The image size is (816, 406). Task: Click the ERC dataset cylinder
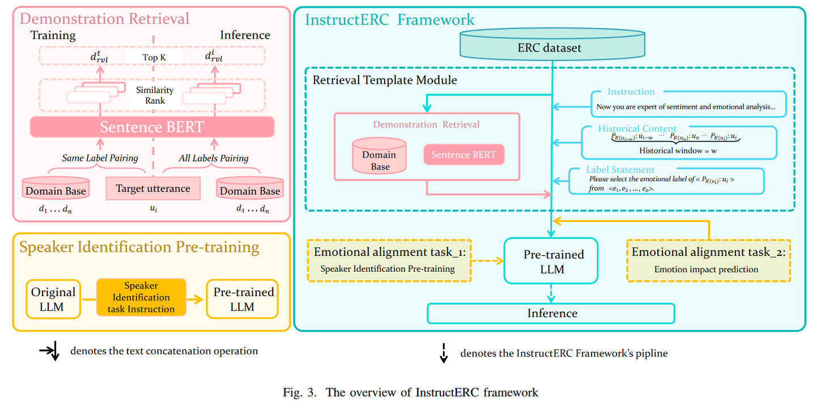550,48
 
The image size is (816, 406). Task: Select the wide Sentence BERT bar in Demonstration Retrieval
152,127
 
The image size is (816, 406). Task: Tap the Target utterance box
153,189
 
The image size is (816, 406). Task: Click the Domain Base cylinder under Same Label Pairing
56,189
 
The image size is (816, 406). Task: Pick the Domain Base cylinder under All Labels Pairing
250,189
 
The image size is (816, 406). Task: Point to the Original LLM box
53,299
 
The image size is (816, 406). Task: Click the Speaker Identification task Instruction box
141,297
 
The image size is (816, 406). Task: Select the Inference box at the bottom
551,314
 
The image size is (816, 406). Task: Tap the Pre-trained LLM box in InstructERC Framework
551,261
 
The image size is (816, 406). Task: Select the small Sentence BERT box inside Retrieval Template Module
464,155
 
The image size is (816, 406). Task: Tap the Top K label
154,57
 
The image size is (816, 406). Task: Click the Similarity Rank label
155,95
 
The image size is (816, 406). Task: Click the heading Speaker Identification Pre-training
139,247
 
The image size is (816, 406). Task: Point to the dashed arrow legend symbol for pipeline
444,353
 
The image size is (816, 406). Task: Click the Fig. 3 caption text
411,392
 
